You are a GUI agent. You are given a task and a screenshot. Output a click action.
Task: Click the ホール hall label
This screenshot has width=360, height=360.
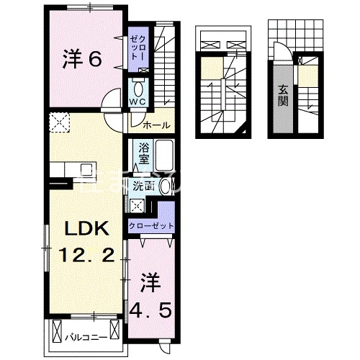156,125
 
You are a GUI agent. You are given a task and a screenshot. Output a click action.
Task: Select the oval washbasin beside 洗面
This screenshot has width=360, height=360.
166,187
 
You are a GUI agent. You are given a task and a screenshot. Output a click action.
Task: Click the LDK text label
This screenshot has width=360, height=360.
86,230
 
